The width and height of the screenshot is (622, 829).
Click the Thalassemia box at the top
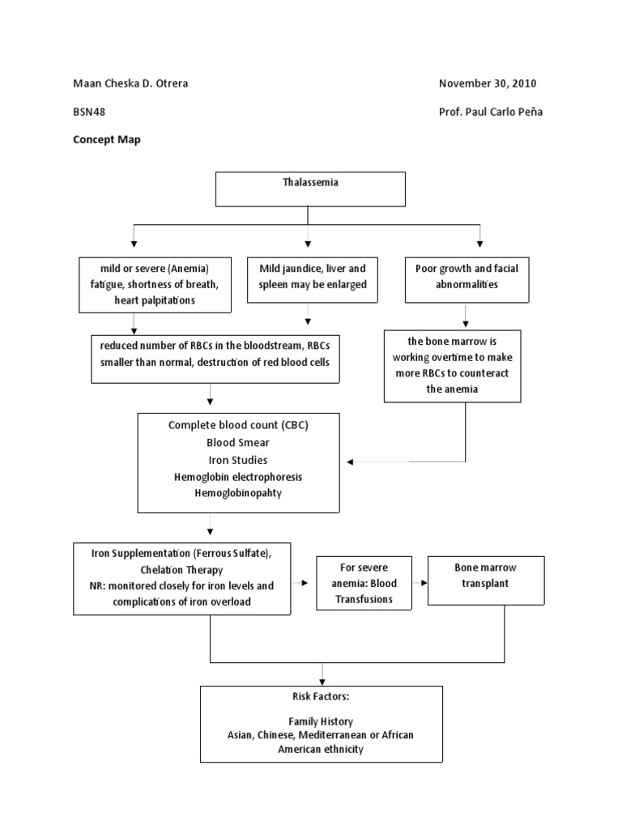coord(309,189)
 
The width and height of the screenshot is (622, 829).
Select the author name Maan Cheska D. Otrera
coord(131,83)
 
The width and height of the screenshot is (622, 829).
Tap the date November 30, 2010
coord(487,83)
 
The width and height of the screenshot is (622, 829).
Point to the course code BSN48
coord(89,112)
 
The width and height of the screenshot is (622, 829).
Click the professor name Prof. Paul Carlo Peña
coord(490,112)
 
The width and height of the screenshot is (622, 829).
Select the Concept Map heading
coord(107,139)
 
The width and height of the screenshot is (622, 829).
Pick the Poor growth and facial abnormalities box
coord(467,276)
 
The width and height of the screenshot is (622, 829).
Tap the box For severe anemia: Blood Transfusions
coord(363,584)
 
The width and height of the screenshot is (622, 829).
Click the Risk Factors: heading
coord(321,696)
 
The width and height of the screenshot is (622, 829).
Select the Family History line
coord(321,721)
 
